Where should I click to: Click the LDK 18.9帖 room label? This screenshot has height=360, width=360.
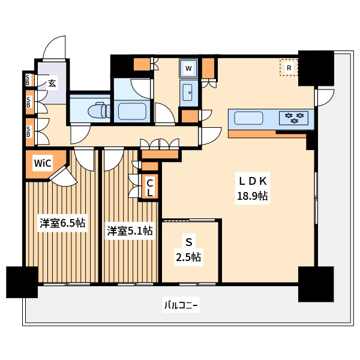[x=253, y=188]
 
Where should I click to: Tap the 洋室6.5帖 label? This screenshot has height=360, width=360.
[x=62, y=223]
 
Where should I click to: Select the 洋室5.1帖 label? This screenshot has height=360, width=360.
[x=130, y=231]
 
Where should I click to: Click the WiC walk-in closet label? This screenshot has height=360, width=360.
[x=43, y=163]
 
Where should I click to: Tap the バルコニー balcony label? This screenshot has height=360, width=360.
[x=181, y=305]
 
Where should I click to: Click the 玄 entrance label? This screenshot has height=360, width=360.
[x=52, y=83]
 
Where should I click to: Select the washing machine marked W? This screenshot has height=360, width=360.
[x=188, y=68]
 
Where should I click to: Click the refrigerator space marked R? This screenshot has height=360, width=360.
[x=289, y=67]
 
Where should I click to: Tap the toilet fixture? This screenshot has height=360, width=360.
[x=100, y=110]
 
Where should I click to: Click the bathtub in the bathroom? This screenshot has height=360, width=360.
[x=132, y=112]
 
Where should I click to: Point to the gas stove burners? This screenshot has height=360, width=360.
[x=294, y=118]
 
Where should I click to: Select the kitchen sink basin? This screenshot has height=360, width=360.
[x=248, y=118]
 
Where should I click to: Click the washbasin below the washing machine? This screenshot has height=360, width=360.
[x=188, y=92]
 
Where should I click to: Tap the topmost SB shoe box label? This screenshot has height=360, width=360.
[x=28, y=80]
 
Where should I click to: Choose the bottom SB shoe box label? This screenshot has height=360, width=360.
[x=28, y=132]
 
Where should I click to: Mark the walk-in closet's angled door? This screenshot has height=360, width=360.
[x=63, y=176]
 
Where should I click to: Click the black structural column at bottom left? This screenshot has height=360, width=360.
[x=22, y=282]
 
